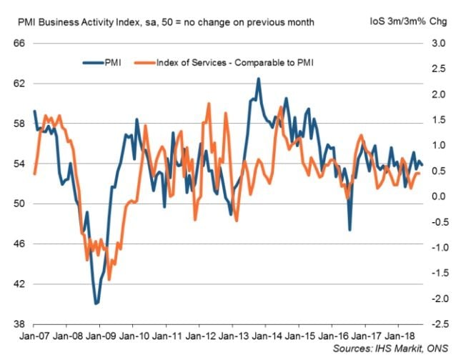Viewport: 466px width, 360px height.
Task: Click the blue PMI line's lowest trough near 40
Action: coord(96,304)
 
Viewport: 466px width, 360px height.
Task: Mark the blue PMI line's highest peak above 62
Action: coord(258,79)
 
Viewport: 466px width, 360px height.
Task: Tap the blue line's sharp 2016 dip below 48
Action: coord(349,229)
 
